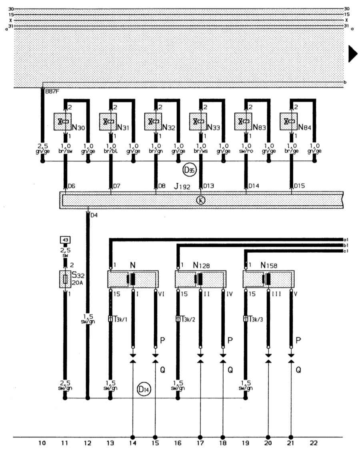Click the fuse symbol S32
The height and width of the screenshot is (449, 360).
click(x=65, y=279)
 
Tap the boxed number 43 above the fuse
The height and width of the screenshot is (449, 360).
click(x=65, y=239)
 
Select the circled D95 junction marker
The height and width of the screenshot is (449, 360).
click(x=188, y=170)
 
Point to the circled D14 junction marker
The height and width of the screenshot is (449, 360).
click(x=143, y=388)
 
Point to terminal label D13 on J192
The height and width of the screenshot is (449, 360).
click(x=208, y=186)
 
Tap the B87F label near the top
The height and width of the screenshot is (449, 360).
click(x=51, y=92)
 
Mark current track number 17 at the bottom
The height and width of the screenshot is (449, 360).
click(x=200, y=443)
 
